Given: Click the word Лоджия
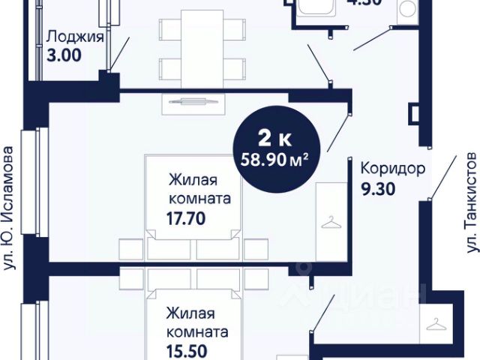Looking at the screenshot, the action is [x=74, y=35].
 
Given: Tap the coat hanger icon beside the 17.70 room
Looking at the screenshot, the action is [x=331, y=221].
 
